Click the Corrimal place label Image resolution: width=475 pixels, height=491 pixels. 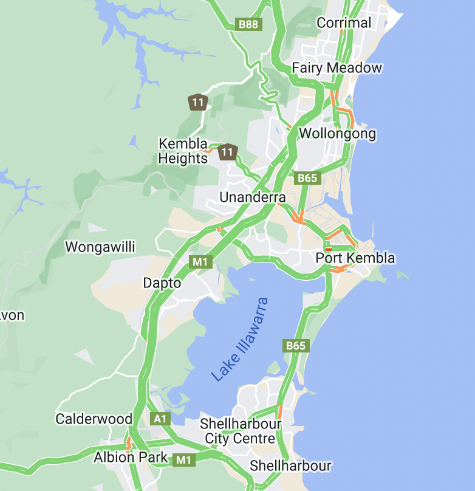(x=344, y=23)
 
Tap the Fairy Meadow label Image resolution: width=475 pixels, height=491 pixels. (x=337, y=67)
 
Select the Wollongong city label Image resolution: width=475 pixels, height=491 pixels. (x=338, y=133)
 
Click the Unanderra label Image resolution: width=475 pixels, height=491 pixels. (x=252, y=197)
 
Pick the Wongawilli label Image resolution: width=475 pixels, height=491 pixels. (x=100, y=247)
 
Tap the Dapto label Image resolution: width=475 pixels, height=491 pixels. (x=162, y=283)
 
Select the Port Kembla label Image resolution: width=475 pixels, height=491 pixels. (x=355, y=258)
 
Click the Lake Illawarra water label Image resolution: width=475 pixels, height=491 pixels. (x=240, y=339)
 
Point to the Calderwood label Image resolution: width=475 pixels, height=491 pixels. (x=94, y=419)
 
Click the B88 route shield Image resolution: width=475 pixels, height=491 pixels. (x=249, y=24)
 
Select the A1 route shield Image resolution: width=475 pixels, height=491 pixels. (x=160, y=419)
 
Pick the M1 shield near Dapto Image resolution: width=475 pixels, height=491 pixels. (x=200, y=262)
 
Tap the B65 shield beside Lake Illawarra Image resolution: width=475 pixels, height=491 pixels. (x=296, y=345)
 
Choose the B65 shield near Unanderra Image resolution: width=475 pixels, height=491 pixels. (x=307, y=178)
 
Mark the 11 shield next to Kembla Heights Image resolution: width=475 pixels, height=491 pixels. (x=227, y=151)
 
